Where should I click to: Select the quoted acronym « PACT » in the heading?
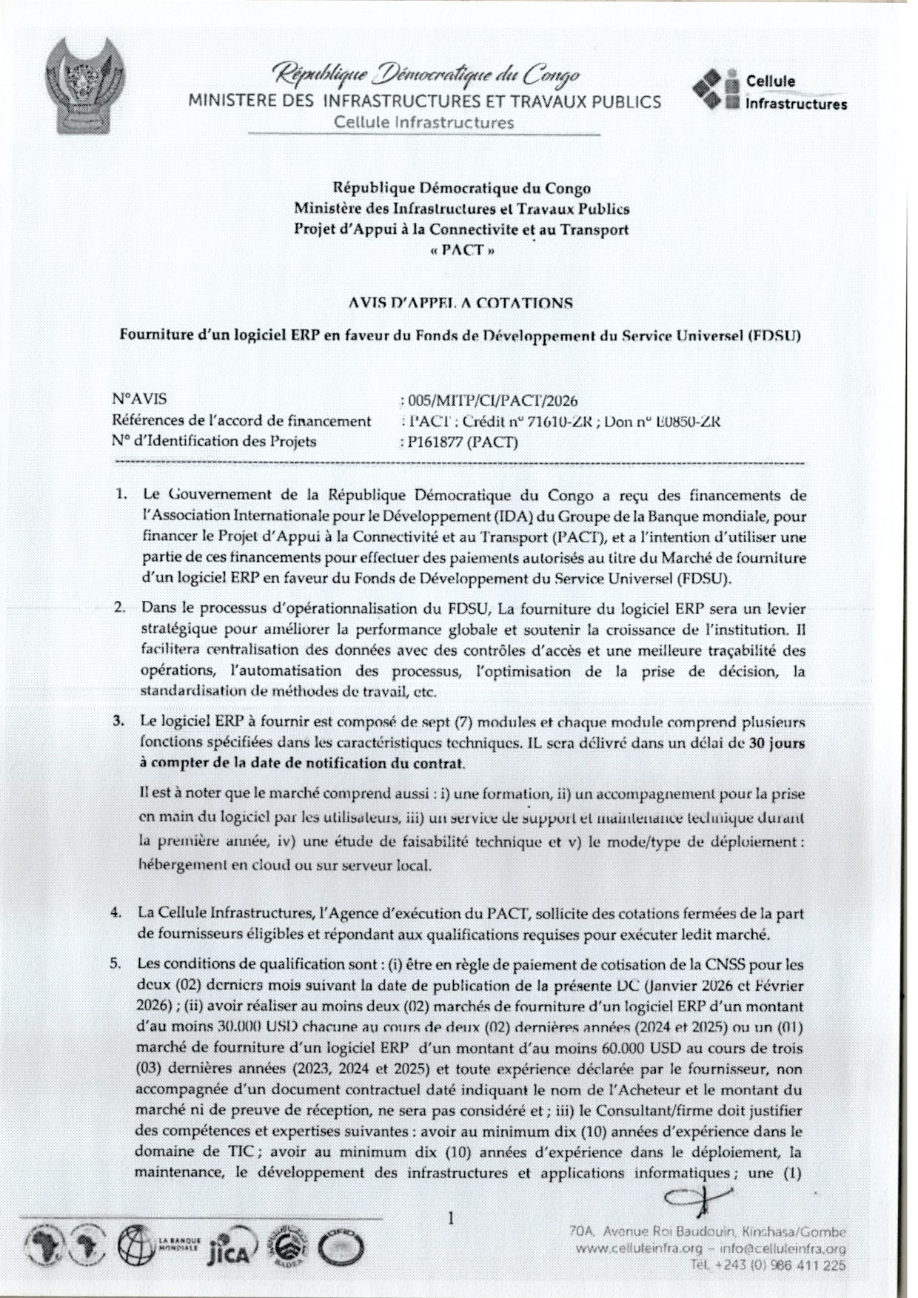point(462,249)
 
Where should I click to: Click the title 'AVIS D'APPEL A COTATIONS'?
point(460,303)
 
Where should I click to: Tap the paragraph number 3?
point(118,722)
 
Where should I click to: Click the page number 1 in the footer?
point(451,1217)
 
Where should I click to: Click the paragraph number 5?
point(115,965)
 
